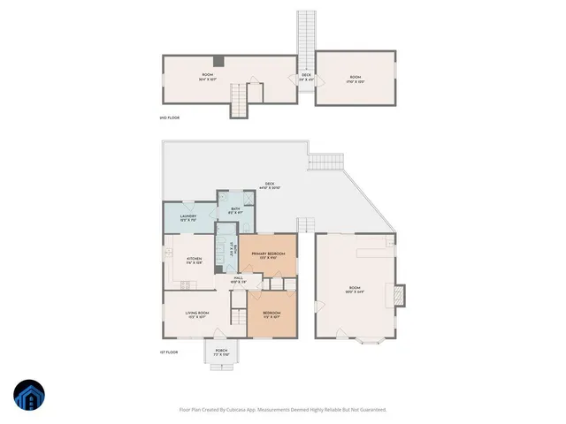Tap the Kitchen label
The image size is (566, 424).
[x=194, y=261]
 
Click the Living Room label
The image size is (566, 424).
[x=196, y=314]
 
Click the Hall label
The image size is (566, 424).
[x=238, y=280]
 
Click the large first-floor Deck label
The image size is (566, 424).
[x=268, y=186]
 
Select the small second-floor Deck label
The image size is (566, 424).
[x=306, y=77]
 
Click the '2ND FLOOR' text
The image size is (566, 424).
[x=169, y=117]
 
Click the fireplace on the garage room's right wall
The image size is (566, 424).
[x=399, y=291]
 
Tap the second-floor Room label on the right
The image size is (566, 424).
[x=354, y=79]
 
